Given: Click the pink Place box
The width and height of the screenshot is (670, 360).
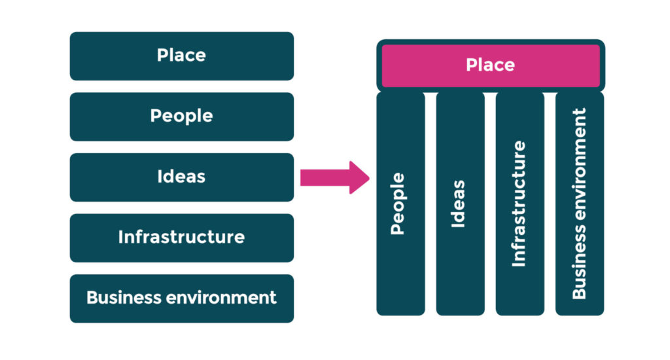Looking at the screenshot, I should coord(491,65).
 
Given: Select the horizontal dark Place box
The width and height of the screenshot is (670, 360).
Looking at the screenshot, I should coord(181,56).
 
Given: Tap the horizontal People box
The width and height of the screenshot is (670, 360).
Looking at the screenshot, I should coord(181,117).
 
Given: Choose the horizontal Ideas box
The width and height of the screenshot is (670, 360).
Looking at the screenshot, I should coord(181,177).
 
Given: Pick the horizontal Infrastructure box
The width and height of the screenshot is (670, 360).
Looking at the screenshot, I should coord(181,237).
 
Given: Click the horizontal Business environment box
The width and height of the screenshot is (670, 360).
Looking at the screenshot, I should coord(181,298).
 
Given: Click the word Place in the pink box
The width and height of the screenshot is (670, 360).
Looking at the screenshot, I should coord(491,65).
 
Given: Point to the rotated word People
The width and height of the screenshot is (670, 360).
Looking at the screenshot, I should coord(398,204).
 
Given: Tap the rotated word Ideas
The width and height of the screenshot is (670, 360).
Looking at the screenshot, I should coord(458,204).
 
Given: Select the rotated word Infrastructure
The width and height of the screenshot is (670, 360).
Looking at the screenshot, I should coord(518,204).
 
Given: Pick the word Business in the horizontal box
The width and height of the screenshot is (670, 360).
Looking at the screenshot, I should coord(123,298).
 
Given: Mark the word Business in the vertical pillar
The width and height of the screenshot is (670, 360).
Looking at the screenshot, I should coord(579,269).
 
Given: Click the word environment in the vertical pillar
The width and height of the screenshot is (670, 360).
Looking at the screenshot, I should coord(579,171).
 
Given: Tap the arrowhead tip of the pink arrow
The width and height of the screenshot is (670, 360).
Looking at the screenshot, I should coord(368,177).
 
